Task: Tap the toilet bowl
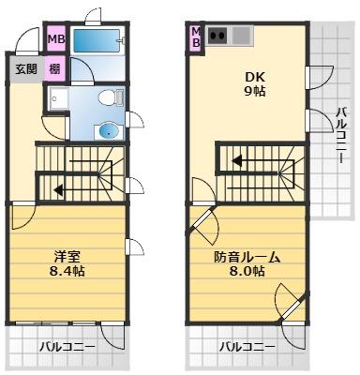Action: point(109,97)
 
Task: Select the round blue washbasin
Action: point(110,131)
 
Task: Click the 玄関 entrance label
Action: point(23,69)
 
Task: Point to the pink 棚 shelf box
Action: point(55,69)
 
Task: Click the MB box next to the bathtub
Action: point(56,39)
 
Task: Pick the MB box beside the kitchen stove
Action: point(197,39)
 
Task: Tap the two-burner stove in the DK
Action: point(220,37)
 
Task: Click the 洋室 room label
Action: point(66,256)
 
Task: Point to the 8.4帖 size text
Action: point(66,271)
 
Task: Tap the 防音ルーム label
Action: point(247,256)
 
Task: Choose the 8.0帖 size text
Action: point(247,271)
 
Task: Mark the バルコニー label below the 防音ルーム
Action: point(247,347)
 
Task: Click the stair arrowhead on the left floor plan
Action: point(58,189)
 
